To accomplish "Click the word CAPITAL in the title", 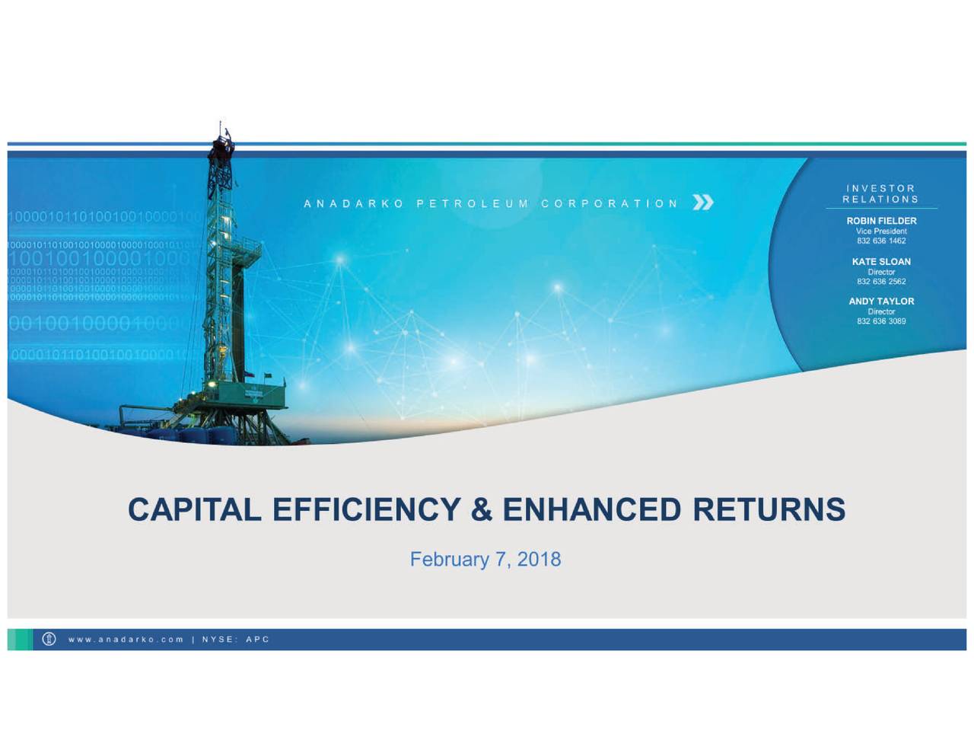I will [194, 509].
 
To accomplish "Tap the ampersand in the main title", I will [481, 509].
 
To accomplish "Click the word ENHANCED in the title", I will [591, 509].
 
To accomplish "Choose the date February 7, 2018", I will [485, 560].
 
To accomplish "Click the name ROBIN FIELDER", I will [881, 221].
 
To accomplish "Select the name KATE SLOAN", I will [881, 262].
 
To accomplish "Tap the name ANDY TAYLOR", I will [881, 302].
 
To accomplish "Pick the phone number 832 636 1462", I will [881, 241].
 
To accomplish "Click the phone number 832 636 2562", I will [881, 281].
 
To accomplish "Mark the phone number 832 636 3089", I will [881, 321].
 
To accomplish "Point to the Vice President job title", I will [881, 231].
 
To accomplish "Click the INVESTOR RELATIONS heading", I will [880, 194].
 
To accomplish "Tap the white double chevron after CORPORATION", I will [703, 203].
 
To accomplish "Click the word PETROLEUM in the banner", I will [472, 204].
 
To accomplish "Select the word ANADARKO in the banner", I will [354, 204].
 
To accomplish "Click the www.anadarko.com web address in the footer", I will [126, 640].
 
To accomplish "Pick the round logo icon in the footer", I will [49, 639].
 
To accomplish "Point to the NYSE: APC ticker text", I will [235, 640].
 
